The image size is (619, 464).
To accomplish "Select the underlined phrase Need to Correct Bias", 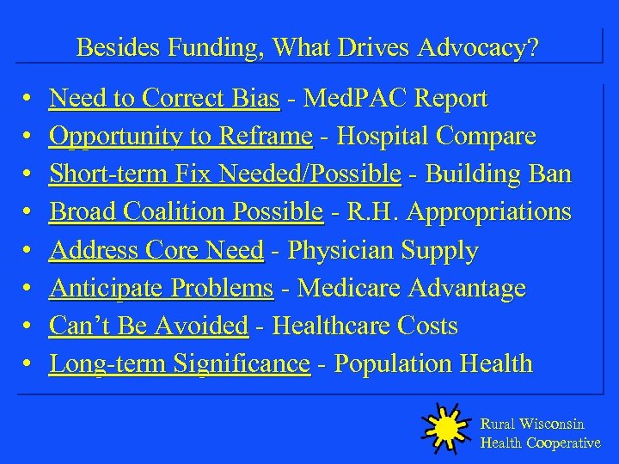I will [164, 99].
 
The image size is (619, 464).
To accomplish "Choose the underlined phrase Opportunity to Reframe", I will [180, 137].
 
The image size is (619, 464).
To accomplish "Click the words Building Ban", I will [498, 174].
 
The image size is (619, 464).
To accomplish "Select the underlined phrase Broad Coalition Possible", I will [186, 212].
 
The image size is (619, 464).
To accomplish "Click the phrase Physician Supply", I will [383, 251].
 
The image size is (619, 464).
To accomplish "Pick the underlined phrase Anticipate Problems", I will [161, 289].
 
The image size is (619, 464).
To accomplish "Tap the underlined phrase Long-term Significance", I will [180, 364].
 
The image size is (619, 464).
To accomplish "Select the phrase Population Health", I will [433, 364].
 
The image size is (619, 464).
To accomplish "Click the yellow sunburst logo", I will [444, 427].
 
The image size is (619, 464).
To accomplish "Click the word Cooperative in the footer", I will [563, 443].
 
